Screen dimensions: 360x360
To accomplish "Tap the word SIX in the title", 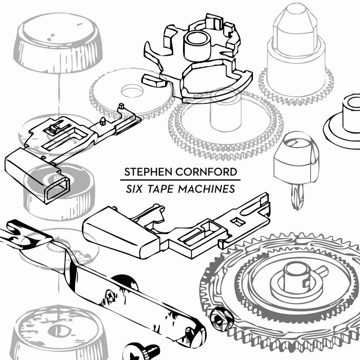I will (x=132, y=188).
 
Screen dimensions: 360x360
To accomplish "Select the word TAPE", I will (x=159, y=188).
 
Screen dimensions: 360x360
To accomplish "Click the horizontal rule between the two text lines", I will (x=177, y=181).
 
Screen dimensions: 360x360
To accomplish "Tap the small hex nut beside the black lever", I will (x=220, y=319).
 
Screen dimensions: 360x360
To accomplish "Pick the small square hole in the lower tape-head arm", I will (x=238, y=221).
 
